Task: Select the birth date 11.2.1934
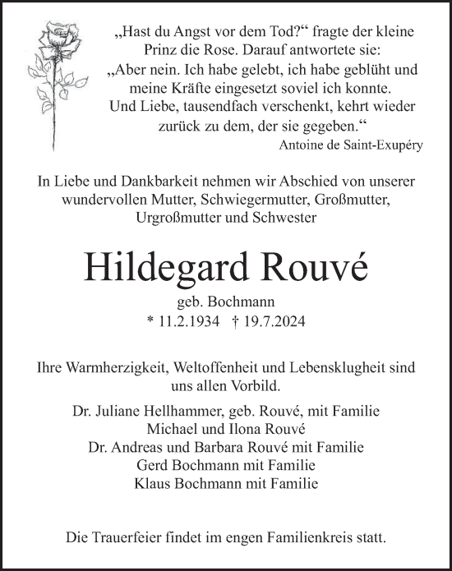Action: click(x=190, y=323)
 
